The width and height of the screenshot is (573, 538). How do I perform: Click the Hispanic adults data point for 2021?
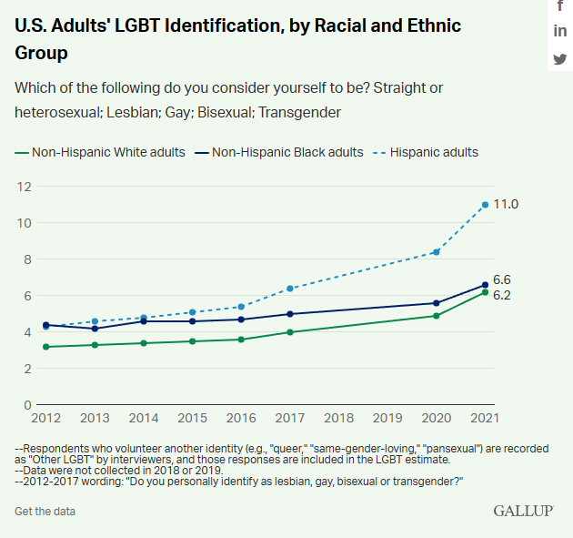point(486,205)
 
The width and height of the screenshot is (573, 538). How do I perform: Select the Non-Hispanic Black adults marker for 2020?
point(437,303)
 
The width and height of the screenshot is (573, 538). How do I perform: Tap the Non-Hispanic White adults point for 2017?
point(290,332)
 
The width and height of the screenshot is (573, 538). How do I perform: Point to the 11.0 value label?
point(506,205)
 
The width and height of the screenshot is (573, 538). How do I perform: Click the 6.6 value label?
point(502,279)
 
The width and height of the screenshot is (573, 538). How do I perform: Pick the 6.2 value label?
point(502,296)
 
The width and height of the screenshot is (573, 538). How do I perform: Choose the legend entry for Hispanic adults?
point(434,152)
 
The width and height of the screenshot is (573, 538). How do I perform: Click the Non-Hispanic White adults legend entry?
point(108,152)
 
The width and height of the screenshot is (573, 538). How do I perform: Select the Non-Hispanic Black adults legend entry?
point(287,152)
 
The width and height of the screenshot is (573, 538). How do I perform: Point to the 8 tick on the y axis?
point(27,259)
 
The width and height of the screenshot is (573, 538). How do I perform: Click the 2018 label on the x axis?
point(339,418)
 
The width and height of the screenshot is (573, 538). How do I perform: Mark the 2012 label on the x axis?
point(45,418)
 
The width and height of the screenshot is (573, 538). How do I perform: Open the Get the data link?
point(45,511)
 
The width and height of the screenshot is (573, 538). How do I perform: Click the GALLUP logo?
point(523,511)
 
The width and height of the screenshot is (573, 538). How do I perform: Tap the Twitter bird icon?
point(560,59)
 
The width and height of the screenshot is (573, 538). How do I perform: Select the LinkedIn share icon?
point(560,32)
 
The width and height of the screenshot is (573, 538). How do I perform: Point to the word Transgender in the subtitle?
point(298,112)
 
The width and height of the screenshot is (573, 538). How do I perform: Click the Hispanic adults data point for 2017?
point(290,289)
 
